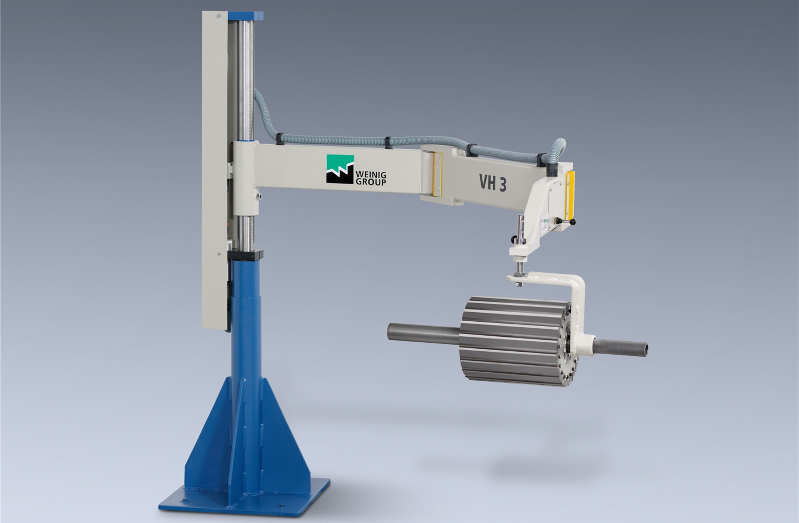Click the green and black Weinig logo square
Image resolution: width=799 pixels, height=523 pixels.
(340, 169)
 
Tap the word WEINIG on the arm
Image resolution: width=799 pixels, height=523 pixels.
(370, 175)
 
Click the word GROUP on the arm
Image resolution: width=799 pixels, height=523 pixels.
(371, 182)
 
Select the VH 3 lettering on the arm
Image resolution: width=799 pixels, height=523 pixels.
(492, 183)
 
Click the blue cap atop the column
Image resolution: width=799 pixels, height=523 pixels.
(246, 15)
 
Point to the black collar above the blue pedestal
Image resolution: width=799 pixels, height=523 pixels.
(246, 255)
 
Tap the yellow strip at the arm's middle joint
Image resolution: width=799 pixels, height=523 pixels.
(438, 175)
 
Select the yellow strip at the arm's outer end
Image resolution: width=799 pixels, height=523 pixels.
(569, 196)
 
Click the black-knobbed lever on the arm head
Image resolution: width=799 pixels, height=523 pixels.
(567, 222)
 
